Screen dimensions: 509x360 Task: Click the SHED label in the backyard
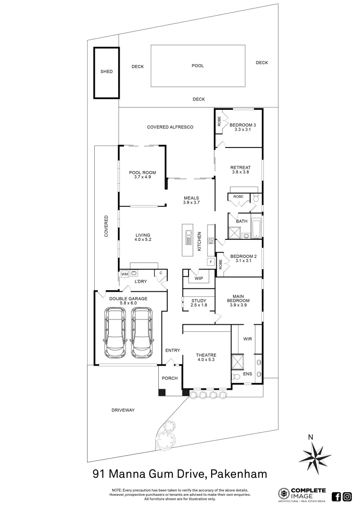pyautogui.click(x=106, y=72)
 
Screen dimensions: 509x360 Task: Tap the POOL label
pyautogui.click(x=197, y=66)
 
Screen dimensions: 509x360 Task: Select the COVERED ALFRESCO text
pyautogui.click(x=170, y=127)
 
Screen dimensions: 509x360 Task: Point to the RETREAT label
pyautogui.click(x=240, y=167)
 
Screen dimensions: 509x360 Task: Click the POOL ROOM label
pyautogui.click(x=142, y=172)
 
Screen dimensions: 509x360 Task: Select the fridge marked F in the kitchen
pyautogui.click(x=210, y=262)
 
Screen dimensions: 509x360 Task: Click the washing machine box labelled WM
pyautogui.click(x=124, y=274)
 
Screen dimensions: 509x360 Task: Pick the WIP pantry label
pyautogui.click(x=198, y=279)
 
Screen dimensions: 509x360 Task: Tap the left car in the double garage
pyautogui.click(x=115, y=332)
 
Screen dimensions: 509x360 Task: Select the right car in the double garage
pyautogui.click(x=142, y=332)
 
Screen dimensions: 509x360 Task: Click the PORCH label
pyautogui.click(x=170, y=378)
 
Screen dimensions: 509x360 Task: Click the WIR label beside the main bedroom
pyautogui.click(x=248, y=339)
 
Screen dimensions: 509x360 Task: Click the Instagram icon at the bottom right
pyautogui.click(x=347, y=496)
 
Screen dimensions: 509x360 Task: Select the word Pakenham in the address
pyautogui.click(x=239, y=473)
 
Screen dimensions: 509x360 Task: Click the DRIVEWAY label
pyautogui.click(x=123, y=410)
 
